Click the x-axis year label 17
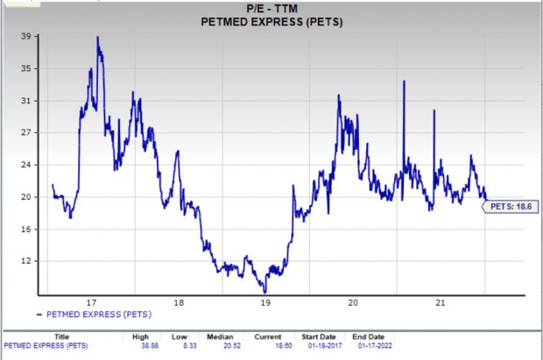(x=90, y=303)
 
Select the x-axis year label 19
(x=265, y=303)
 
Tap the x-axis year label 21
(x=441, y=303)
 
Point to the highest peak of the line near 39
(x=97, y=38)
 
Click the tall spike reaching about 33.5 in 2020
(x=404, y=81)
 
